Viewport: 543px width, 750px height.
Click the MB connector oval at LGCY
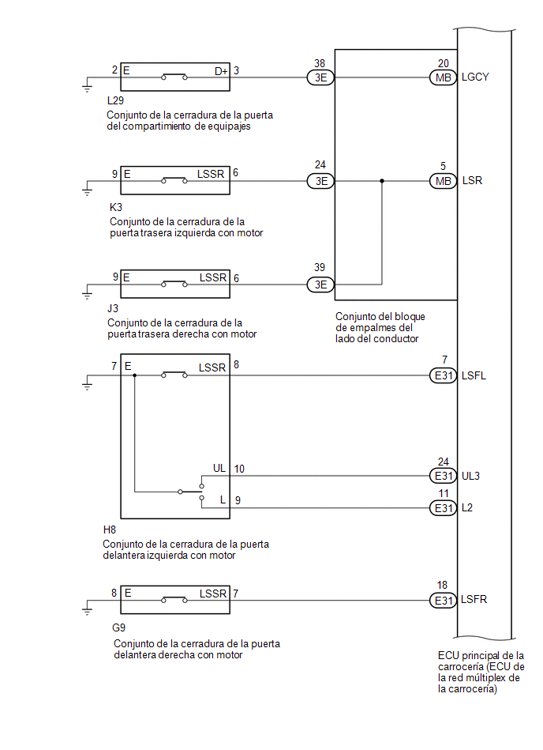point(444,77)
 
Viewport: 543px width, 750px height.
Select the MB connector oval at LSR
point(444,181)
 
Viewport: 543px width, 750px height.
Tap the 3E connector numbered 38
point(320,77)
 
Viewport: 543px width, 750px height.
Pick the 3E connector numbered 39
point(320,285)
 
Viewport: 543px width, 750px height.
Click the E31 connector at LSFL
point(444,375)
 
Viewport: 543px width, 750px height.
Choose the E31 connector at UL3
point(444,476)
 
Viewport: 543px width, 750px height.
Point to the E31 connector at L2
point(444,508)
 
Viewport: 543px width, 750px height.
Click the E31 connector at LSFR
point(444,601)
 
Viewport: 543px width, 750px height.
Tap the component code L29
point(115,100)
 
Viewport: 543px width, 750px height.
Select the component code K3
point(116,207)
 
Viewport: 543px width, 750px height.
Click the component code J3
point(113,308)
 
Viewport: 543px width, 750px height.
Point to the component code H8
point(110,530)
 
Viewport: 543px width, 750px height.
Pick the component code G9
point(119,628)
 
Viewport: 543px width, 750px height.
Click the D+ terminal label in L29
point(221,71)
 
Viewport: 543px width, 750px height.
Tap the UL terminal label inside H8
point(219,469)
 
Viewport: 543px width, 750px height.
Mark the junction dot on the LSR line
point(381,181)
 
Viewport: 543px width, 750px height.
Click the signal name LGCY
point(475,77)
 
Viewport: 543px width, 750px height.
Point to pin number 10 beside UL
point(239,469)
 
